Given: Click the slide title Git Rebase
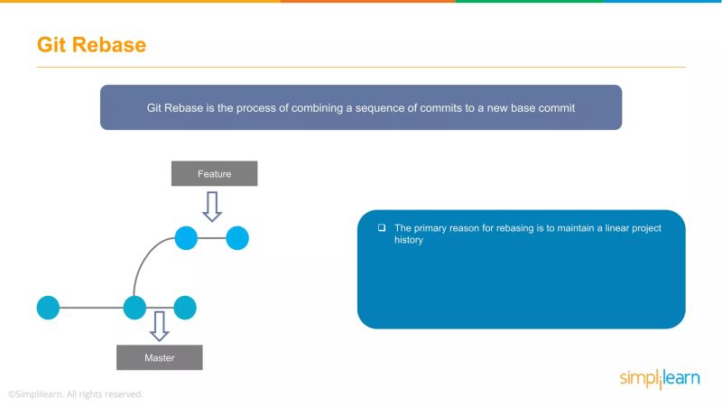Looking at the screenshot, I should point(91,44).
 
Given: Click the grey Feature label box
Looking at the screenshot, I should point(214,173).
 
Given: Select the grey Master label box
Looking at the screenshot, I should point(159,357).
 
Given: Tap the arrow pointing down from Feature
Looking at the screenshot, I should point(212,205).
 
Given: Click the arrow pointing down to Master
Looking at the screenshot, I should point(160,326).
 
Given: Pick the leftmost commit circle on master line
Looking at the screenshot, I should point(48,308).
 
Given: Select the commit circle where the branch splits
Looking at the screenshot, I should point(134,308).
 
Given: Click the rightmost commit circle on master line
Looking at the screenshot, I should point(185,308).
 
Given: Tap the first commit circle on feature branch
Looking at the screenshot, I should point(186,238).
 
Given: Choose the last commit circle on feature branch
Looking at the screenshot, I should point(237,238).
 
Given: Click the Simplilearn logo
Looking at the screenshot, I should point(659,379).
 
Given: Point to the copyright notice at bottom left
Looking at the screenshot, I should point(76,394).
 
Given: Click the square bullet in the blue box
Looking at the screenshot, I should point(382,228).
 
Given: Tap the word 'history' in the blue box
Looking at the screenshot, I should point(409,241).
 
